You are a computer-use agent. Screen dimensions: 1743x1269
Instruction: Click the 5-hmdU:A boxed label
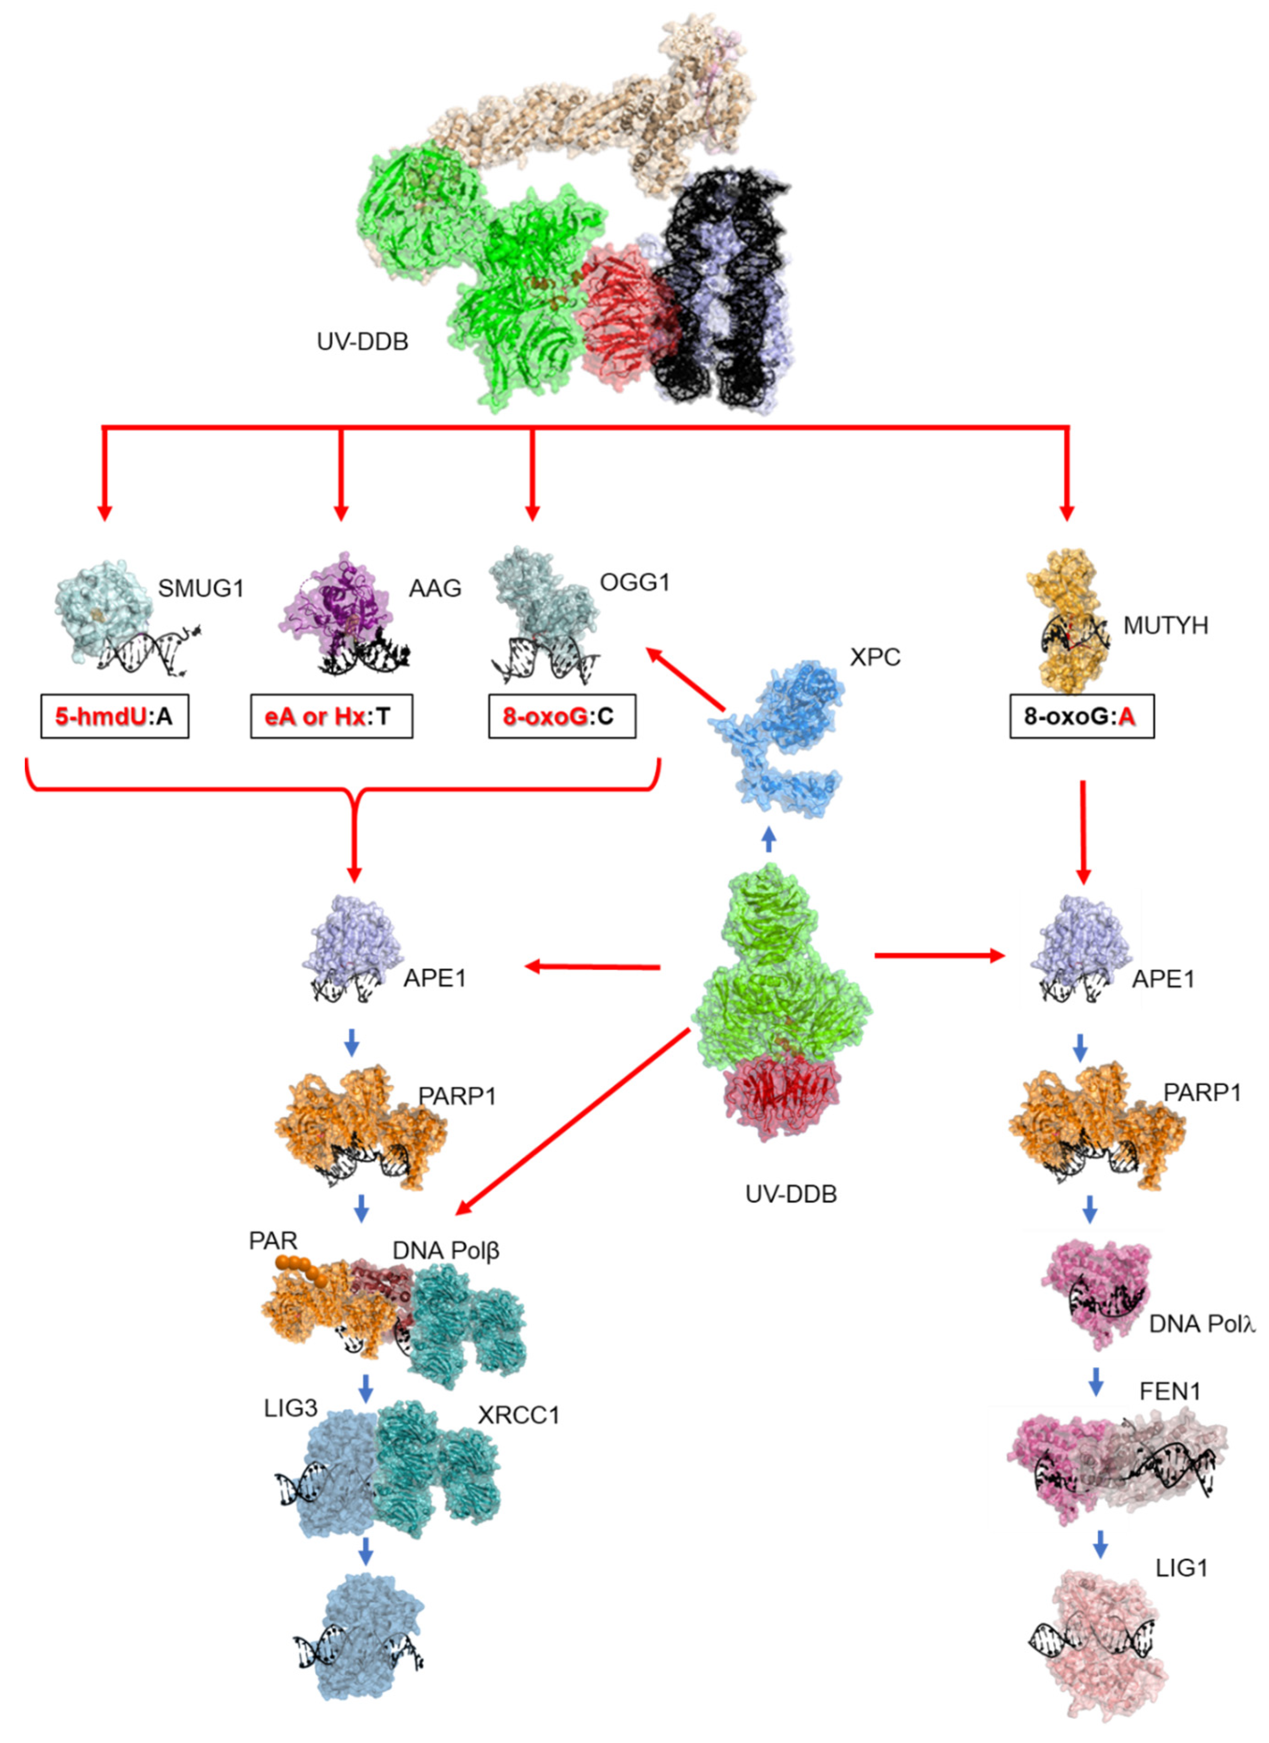pyautogui.click(x=115, y=716)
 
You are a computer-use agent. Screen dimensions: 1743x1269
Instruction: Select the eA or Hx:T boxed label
pyautogui.click(x=331, y=716)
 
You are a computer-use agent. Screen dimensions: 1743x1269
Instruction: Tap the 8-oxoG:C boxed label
pyautogui.click(x=562, y=716)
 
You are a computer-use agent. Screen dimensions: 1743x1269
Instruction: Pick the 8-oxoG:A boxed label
pyautogui.click(x=1081, y=716)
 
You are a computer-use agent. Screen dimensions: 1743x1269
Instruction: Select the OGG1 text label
pyautogui.click(x=634, y=583)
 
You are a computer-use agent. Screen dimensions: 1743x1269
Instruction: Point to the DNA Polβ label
pyautogui.click(x=446, y=1250)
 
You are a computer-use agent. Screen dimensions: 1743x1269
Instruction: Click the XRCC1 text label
pyautogui.click(x=519, y=1415)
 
